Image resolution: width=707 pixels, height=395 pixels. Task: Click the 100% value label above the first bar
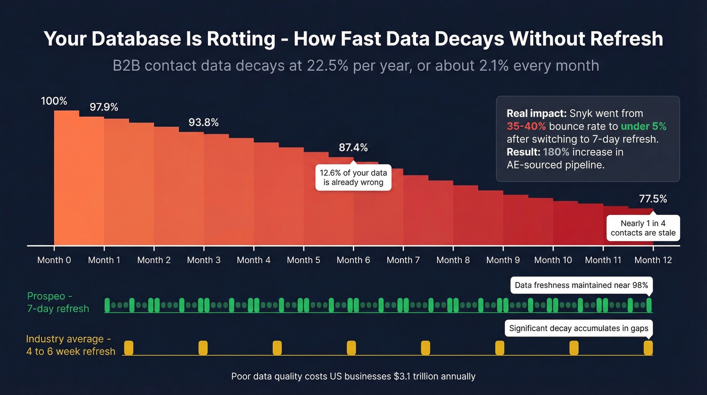(54, 101)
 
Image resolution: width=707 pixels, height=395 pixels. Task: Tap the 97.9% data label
(104, 107)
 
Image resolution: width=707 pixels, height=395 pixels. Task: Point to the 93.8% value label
(204, 122)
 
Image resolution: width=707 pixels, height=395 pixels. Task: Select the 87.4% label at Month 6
(353, 148)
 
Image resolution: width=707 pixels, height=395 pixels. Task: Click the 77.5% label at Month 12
(652, 199)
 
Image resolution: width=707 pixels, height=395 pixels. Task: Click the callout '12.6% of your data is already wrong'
(353, 178)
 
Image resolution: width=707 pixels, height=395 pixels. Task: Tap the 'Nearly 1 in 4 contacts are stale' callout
(643, 228)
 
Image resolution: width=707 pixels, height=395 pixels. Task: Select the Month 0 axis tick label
(54, 260)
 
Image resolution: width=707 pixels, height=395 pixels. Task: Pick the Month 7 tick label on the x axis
(403, 260)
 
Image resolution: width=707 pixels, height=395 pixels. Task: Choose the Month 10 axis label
(553, 260)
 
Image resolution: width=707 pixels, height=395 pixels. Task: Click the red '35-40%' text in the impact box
(526, 126)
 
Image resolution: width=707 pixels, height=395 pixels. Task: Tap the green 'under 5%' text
(643, 126)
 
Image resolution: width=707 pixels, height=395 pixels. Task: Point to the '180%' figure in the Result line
(555, 152)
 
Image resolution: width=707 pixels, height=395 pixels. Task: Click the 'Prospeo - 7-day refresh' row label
(58, 302)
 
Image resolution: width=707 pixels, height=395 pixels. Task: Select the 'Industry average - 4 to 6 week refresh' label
(71, 345)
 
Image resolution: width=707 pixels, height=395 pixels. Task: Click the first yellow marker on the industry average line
(129, 347)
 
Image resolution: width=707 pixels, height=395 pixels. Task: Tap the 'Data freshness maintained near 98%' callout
(581, 285)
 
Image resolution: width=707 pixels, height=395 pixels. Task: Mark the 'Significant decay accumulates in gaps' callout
(579, 328)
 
